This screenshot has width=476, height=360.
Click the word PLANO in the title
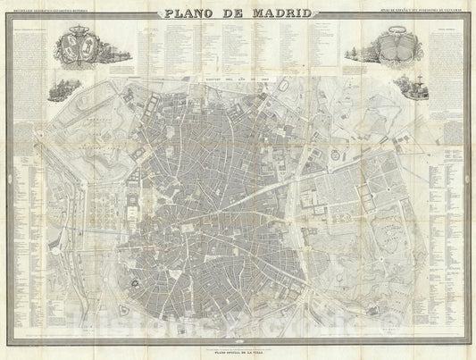tap(189, 13)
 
